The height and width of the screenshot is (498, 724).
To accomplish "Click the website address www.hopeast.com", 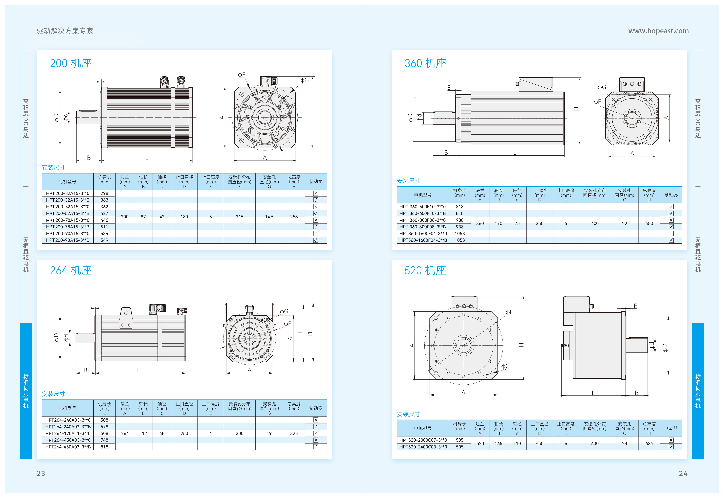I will coord(658,31).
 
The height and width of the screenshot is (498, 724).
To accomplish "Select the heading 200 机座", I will coord(71,63).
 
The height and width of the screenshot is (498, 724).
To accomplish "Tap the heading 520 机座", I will coord(425,270).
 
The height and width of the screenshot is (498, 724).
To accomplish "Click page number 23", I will coord(41,473).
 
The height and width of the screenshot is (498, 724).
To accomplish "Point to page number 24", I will coord(683,473).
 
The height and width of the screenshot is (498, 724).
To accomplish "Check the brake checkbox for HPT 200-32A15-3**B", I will coord(316,200).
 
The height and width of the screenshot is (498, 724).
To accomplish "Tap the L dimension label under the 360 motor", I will coord(515,153).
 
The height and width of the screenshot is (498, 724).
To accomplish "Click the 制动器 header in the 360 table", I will coord(671,195).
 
